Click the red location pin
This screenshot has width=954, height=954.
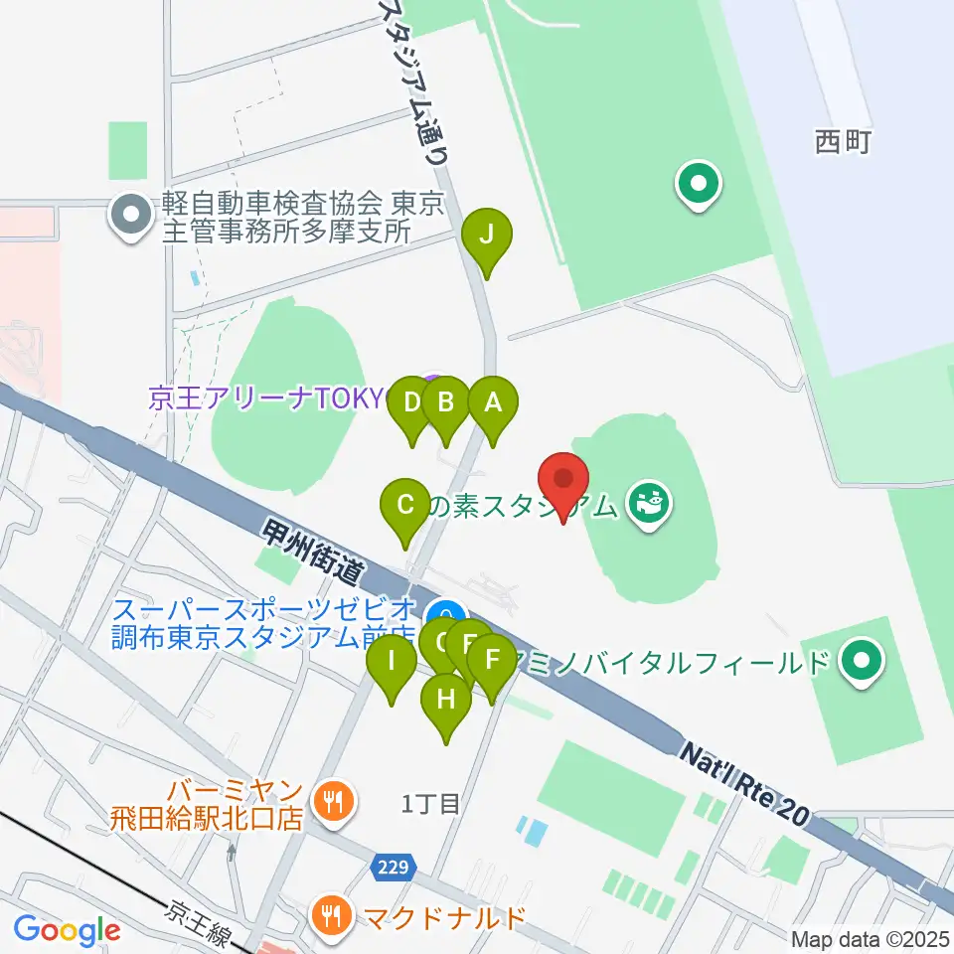tap(564, 479)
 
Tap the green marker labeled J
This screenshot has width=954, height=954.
tap(487, 237)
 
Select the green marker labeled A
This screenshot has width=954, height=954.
tap(493, 403)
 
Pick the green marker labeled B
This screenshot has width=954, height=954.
tap(445, 403)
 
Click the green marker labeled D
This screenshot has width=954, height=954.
tap(410, 403)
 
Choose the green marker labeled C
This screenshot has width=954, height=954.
tap(405, 504)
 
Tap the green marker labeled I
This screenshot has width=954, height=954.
tap(393, 661)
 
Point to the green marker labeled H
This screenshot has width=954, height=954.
tap(446, 700)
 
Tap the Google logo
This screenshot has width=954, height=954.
tap(67, 931)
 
